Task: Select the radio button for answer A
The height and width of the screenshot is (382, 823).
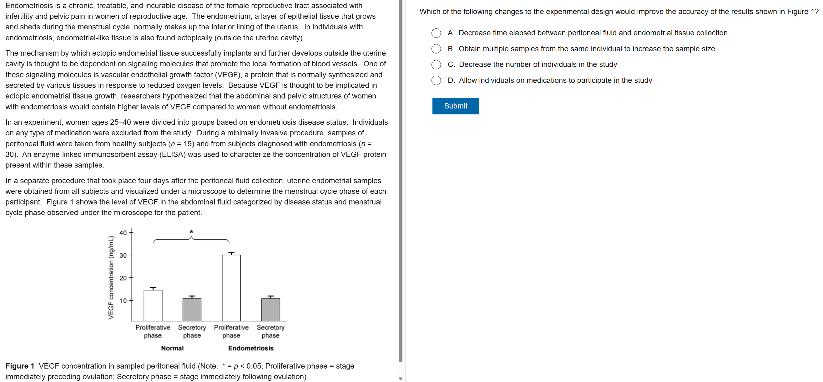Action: [x=436, y=33]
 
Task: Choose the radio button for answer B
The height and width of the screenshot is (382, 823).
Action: [x=436, y=49]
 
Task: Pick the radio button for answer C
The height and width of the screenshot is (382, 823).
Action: [x=436, y=64]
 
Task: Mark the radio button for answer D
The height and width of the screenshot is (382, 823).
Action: [x=436, y=80]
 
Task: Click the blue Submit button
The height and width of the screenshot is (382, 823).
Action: [x=455, y=106]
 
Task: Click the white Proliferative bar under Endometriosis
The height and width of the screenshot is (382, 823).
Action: [x=231, y=288]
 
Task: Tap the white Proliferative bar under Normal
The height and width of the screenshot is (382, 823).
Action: [x=153, y=305]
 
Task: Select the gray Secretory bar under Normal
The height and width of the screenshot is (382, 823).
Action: [x=192, y=309]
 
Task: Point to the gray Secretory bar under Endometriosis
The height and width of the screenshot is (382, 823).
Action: [x=270, y=309]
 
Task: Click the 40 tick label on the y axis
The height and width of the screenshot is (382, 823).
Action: [x=123, y=233]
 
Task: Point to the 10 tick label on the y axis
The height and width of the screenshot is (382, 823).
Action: [x=123, y=300]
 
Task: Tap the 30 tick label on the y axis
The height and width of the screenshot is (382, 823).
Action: [x=123, y=255]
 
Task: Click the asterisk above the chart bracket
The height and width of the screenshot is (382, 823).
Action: [x=191, y=232]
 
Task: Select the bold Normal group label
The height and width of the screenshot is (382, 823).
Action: [x=172, y=348]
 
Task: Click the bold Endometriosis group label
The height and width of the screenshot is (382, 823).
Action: [x=251, y=348]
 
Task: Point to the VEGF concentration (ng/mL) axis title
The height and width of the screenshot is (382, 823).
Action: [x=111, y=277]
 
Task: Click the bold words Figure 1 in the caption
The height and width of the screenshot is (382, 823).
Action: [x=20, y=366]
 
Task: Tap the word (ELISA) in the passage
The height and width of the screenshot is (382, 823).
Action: [x=173, y=155]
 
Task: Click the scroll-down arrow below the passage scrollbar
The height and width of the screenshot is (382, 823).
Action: [x=400, y=379]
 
